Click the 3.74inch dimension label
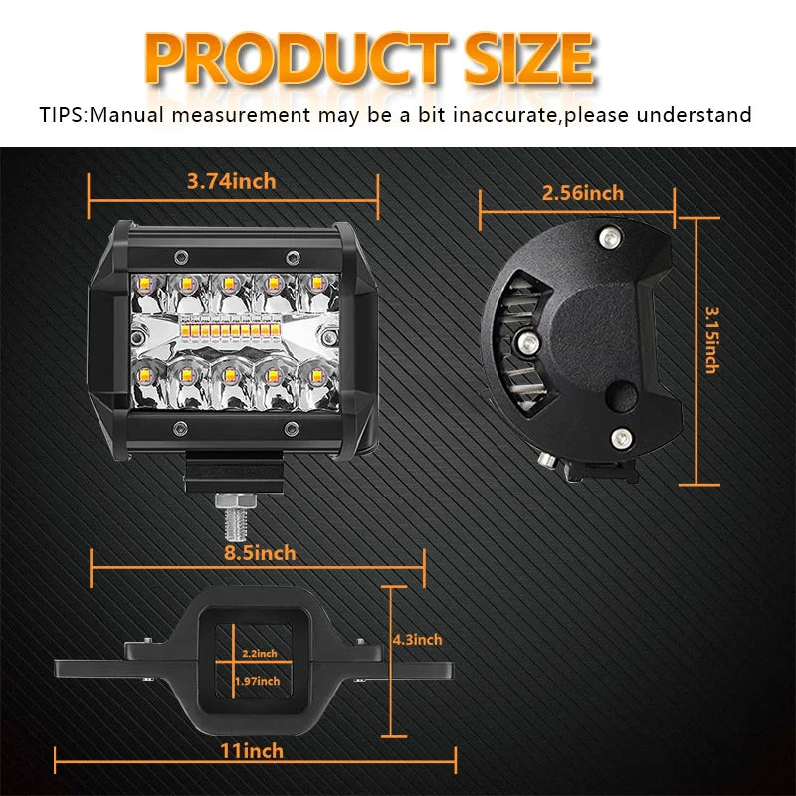232,181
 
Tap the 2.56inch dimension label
583,193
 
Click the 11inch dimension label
251,750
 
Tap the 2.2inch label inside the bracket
259,654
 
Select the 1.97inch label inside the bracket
257,681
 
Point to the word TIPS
64,115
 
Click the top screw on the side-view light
607,236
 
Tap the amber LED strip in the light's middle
232,327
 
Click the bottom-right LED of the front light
316,377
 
